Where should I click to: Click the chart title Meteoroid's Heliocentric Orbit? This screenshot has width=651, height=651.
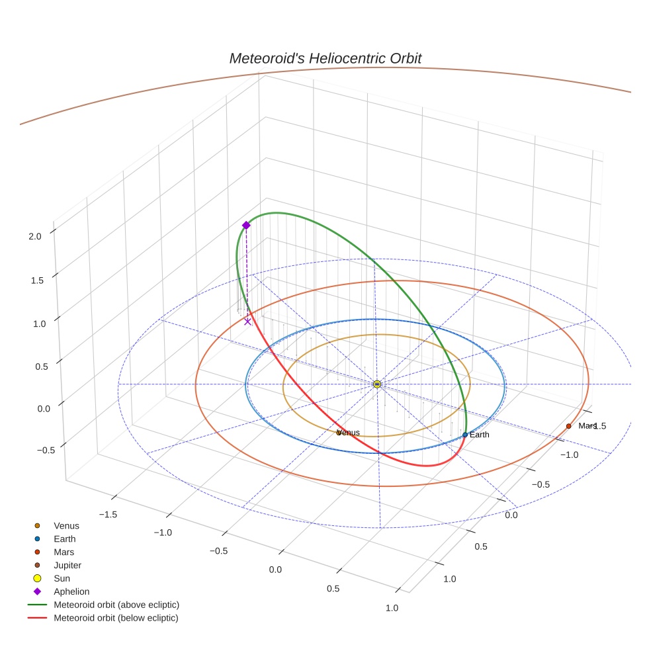pos(325,58)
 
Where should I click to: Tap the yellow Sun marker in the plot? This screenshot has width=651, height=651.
pos(376,384)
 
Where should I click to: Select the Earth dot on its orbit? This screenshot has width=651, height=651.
pos(465,435)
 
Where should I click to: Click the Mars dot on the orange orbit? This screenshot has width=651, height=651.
pos(568,426)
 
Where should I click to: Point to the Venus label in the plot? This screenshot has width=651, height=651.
pos(349,433)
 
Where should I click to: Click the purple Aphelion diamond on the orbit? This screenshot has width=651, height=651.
pos(246,226)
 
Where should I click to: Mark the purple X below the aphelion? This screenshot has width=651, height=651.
pos(247,322)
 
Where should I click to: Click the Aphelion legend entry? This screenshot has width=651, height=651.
pos(71,591)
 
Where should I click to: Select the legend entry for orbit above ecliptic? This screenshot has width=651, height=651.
pos(116,605)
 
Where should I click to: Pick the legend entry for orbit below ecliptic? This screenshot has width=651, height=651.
pos(116,618)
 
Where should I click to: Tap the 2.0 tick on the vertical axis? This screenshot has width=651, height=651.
pos(35,236)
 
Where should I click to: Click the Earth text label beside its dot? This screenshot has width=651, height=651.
pos(480,435)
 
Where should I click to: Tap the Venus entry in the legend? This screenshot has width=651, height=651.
pos(66,525)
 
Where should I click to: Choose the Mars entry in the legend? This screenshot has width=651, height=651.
pos(64,552)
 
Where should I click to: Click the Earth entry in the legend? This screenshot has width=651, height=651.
pos(64,539)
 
